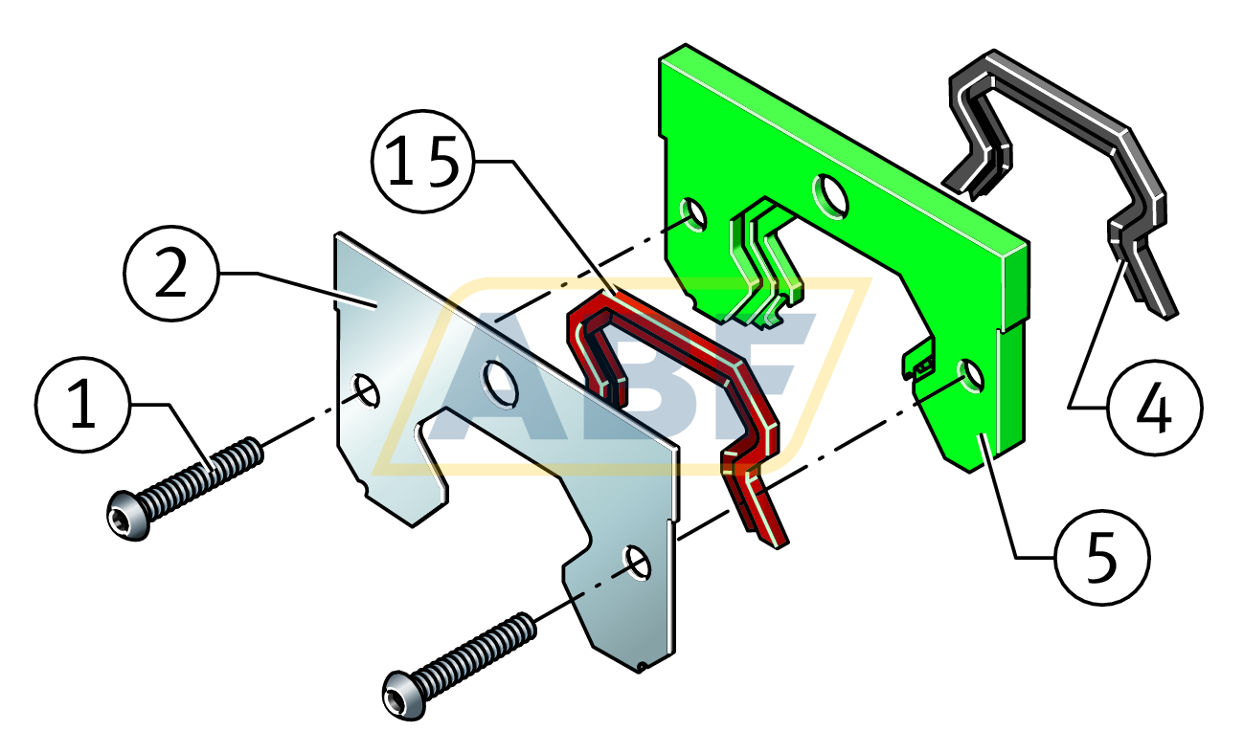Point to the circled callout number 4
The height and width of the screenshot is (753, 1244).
(1154, 410)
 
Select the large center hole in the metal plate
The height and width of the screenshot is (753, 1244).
(500, 380)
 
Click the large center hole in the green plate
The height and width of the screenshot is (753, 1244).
(829, 195)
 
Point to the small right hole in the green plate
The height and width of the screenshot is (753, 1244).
(969, 375)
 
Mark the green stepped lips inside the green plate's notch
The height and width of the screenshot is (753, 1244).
(766, 258)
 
